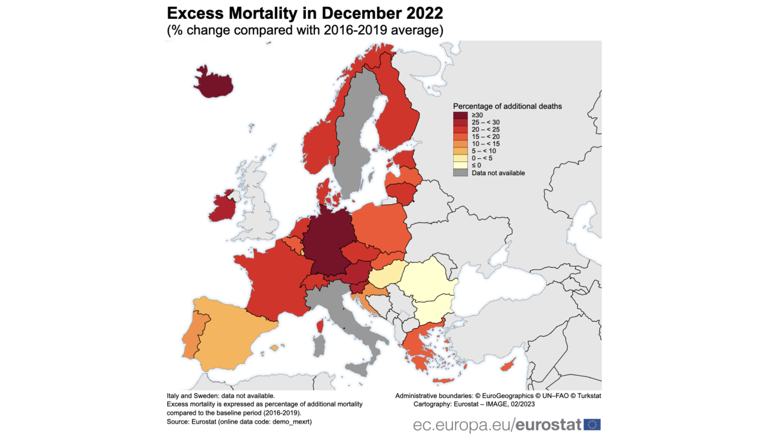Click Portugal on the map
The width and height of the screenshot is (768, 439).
coord(192,337)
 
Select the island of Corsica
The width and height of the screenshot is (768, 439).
coord(320,326)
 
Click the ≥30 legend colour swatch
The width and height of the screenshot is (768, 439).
coord(460,115)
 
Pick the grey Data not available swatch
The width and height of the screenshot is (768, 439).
coord(460,173)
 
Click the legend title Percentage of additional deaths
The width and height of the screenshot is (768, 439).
coord(507,106)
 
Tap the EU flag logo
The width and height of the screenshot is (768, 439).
coord(592,424)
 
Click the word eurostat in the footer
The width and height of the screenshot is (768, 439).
coord(549,424)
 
